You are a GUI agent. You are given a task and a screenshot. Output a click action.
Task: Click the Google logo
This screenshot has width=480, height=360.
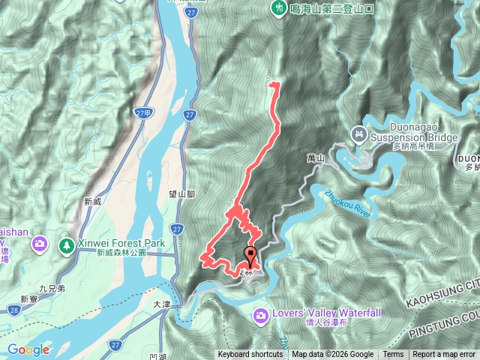coord(28,349)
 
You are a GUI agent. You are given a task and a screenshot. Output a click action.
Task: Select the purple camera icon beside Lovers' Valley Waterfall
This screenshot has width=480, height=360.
coord(260,314)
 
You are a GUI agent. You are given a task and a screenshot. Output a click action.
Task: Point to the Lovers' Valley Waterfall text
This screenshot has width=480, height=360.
coord(317,313)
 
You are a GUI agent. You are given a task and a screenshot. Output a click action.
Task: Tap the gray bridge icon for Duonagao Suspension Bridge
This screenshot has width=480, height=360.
coord(358,134)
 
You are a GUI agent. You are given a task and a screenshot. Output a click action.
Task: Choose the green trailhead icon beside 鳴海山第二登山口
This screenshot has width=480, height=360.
coord(278,7)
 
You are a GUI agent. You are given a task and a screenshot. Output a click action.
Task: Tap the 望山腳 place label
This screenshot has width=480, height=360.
coord(181,193)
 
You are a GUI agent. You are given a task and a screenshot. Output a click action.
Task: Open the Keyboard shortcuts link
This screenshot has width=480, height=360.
coord(250,355)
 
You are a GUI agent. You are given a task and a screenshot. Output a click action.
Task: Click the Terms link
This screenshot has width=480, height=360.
coord(393,355)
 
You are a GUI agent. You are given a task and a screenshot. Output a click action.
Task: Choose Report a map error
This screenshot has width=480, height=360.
coord(444,355)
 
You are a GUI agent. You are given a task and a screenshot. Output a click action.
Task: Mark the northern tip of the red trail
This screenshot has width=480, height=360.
coord(272,85)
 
